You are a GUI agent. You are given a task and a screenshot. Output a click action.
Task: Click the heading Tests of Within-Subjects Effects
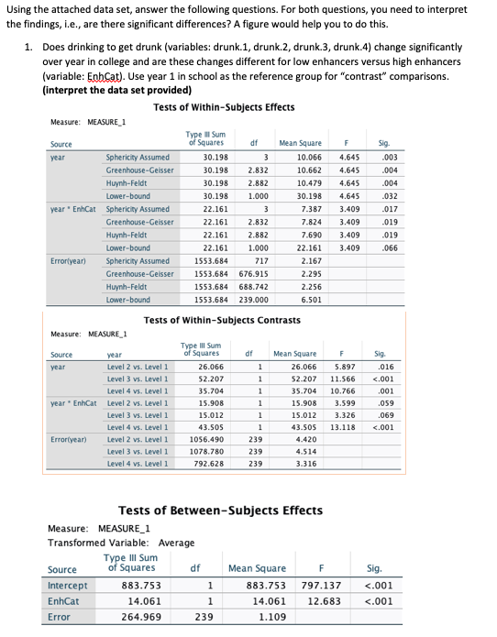[224, 107]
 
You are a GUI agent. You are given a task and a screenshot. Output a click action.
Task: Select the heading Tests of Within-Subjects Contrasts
[222, 319]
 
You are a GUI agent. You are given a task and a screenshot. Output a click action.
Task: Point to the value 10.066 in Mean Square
[299, 158]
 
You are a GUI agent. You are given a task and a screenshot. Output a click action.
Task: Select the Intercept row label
[68, 586]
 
